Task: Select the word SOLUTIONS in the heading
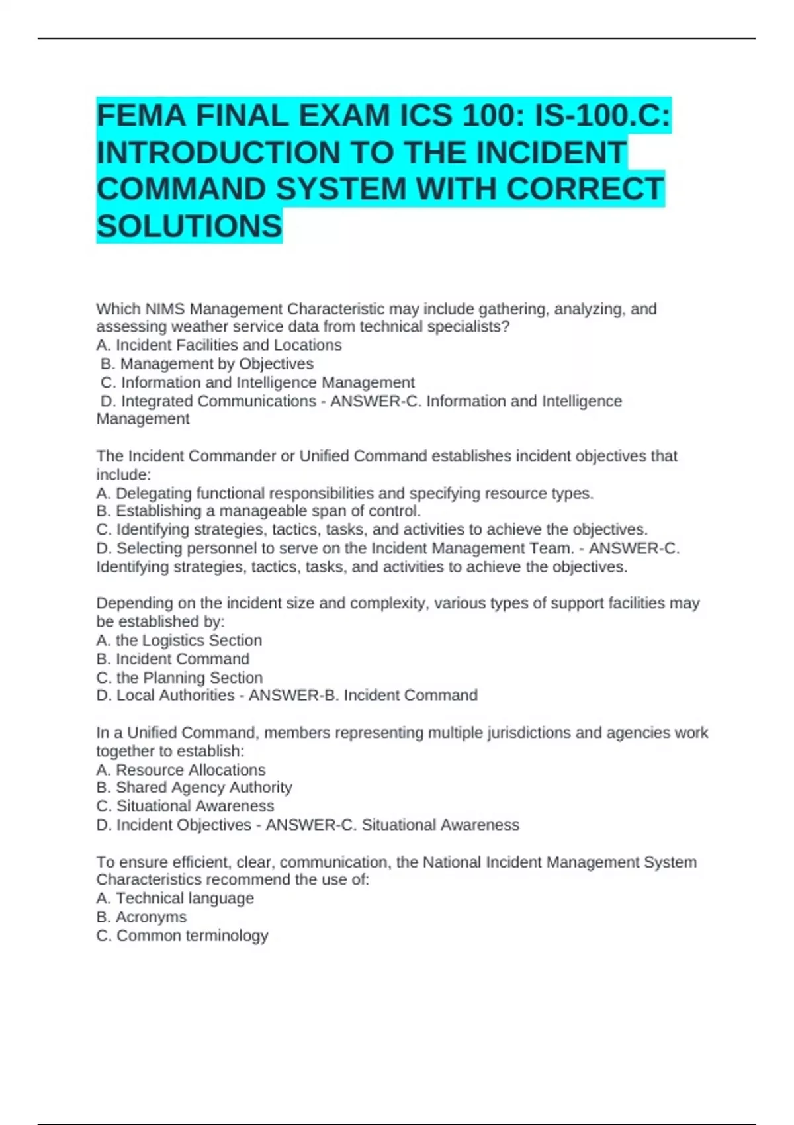coord(189,226)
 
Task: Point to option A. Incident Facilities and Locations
coord(219,345)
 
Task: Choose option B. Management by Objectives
coord(207,364)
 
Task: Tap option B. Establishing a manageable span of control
coord(259,511)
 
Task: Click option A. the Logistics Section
coord(179,641)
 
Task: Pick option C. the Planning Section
coord(179,678)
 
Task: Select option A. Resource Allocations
coord(181,770)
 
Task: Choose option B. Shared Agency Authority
coord(194,787)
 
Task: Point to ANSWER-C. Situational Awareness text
coord(392,825)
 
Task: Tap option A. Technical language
coord(175,898)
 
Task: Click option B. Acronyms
coord(142,917)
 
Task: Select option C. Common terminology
coord(182,936)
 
